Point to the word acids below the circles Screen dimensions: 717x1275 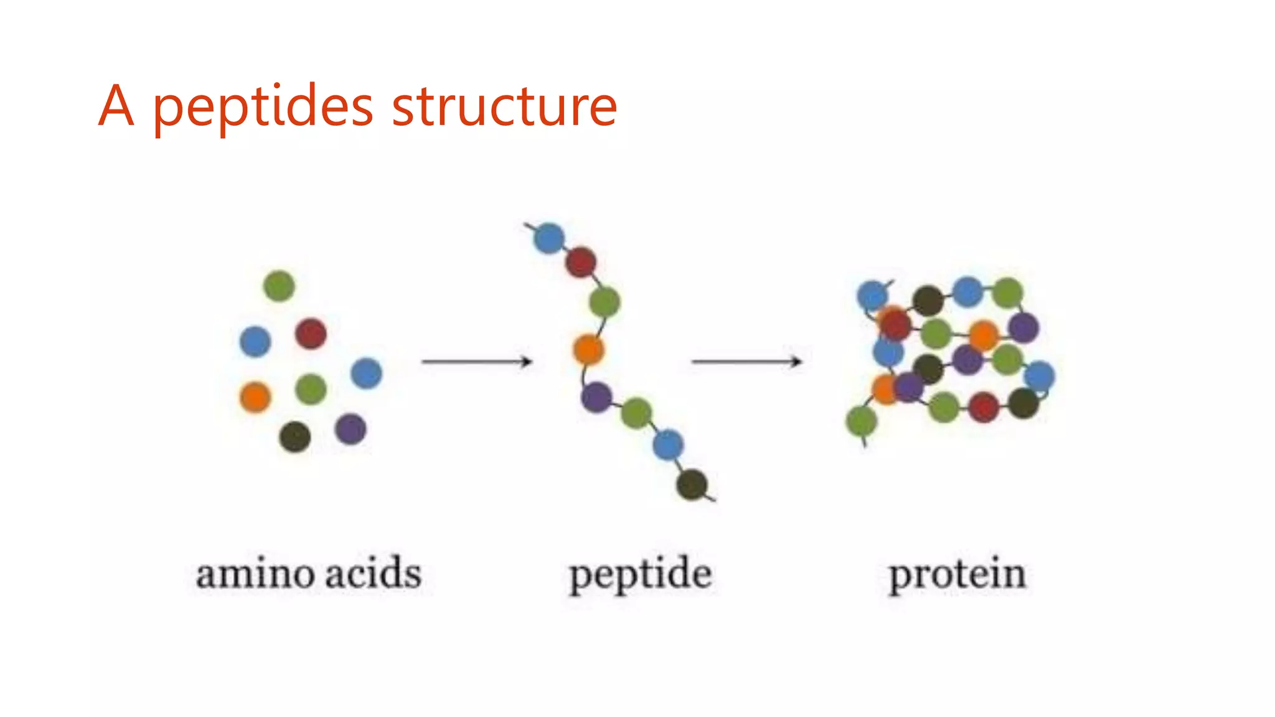coord(374,573)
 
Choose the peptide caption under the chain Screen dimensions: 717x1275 coord(640,574)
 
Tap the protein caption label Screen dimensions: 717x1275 coord(957,574)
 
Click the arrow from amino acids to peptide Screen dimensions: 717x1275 coord(477,361)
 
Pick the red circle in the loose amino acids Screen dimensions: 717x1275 coord(311,333)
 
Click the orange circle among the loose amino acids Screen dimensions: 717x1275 coord(255,397)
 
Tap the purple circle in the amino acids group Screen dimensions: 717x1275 coord(351,429)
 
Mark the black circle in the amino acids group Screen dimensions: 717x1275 coord(295,436)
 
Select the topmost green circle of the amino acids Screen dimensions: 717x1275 coord(279,286)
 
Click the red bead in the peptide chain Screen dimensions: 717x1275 coord(581,262)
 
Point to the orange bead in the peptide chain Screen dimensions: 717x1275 coord(588,349)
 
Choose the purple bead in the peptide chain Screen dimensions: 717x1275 coord(596,397)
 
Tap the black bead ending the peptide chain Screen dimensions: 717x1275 coord(692,484)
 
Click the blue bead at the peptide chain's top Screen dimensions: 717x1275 coord(549,238)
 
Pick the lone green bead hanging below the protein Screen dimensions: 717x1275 coord(862,421)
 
